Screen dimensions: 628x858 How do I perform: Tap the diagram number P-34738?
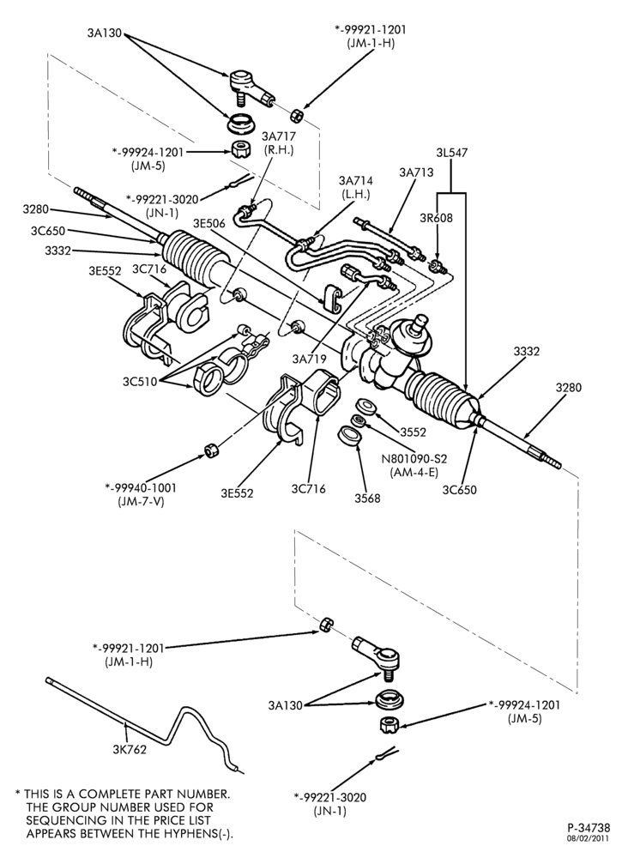[588, 827]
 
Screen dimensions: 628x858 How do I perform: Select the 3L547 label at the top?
[452, 153]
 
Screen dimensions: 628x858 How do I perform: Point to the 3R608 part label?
[437, 218]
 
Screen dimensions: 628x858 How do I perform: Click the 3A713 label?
[416, 172]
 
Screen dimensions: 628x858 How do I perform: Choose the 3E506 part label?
[210, 223]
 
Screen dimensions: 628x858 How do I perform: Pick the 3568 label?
[367, 498]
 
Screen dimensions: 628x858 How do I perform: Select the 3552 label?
[413, 432]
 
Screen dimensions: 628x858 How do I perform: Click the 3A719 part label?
[309, 359]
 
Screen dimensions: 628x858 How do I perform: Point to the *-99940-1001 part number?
[141, 487]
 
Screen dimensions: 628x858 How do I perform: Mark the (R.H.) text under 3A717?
[279, 149]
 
